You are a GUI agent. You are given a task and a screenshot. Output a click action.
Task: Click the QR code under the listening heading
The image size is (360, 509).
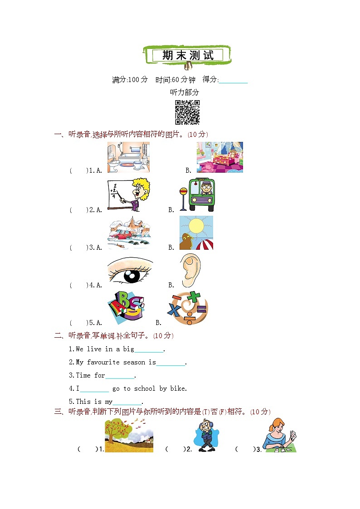(x=187, y=112)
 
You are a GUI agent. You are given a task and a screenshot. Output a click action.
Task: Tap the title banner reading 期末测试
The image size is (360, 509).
(x=187, y=55)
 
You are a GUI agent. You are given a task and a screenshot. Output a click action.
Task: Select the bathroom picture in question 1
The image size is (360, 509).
(x=129, y=157)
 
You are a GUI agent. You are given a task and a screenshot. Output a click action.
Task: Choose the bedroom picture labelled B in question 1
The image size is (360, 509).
(x=220, y=157)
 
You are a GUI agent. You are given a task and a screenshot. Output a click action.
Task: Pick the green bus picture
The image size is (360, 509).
(x=197, y=195)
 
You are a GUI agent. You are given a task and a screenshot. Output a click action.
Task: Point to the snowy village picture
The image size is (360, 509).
(x=130, y=233)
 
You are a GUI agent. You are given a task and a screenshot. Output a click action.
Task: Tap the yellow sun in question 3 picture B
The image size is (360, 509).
(x=196, y=226)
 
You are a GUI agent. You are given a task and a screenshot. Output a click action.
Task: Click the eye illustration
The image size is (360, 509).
(x=130, y=272)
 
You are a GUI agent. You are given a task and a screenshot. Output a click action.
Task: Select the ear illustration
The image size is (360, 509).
(x=191, y=271)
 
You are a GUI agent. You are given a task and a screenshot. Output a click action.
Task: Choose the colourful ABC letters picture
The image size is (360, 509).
(x=126, y=307)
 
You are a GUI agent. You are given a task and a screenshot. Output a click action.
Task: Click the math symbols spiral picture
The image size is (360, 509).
(x=188, y=308)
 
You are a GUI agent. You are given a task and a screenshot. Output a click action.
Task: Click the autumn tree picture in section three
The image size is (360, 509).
(x=129, y=435)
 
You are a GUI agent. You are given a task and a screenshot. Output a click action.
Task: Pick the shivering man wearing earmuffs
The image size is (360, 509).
(x=206, y=435)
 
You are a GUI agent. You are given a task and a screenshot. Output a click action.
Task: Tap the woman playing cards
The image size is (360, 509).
(x=279, y=435)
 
